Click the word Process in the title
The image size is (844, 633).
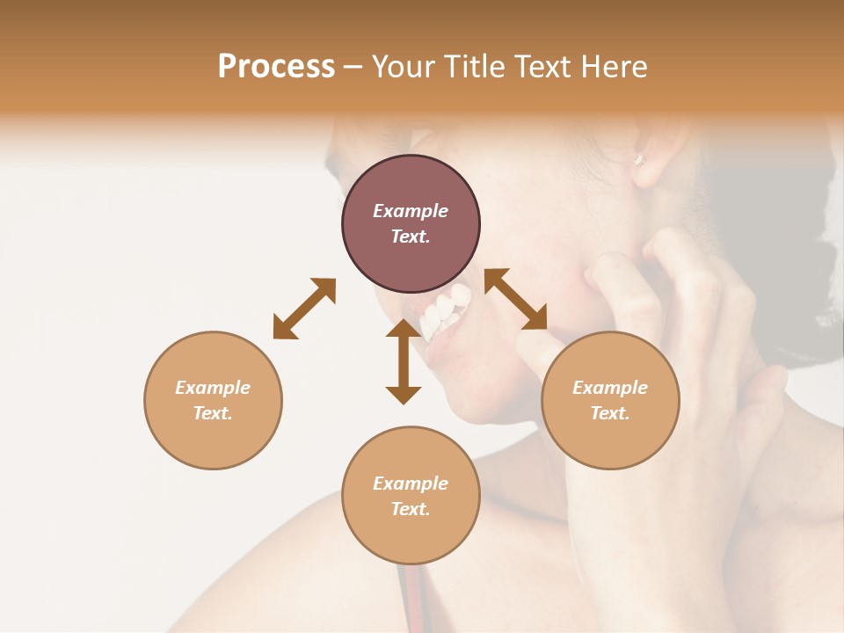(276, 67)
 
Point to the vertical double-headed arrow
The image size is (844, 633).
(404, 361)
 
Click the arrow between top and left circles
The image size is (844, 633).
(304, 309)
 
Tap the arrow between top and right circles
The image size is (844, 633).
(516, 299)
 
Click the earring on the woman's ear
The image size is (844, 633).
(640, 159)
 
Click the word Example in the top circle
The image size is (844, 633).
(411, 211)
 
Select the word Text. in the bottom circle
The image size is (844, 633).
(411, 509)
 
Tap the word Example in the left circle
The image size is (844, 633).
(213, 388)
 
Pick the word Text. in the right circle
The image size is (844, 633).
(610, 413)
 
